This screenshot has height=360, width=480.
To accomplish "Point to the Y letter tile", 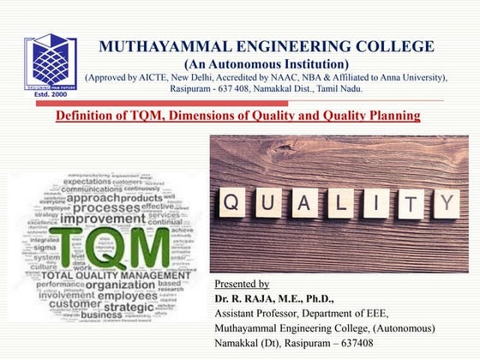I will (x=446, y=203).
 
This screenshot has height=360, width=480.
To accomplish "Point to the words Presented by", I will (x=242, y=284).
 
